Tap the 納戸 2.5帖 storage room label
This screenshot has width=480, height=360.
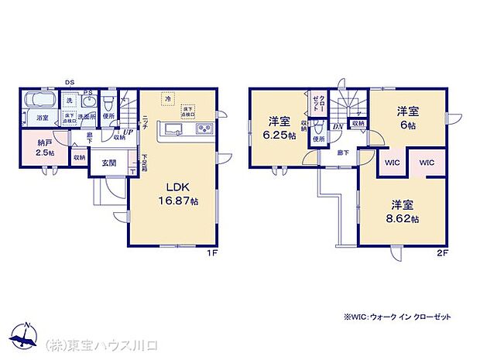point(46,147)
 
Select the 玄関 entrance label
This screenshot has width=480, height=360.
point(108,163)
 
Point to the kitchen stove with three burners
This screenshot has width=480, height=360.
point(204,129)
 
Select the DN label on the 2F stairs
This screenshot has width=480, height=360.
point(338,126)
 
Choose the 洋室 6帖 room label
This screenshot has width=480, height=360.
point(408,117)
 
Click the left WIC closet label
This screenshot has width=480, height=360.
point(390,164)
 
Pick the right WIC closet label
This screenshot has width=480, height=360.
point(427,164)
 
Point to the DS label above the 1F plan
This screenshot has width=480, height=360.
point(70,81)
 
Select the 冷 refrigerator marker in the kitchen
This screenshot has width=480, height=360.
point(165,98)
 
